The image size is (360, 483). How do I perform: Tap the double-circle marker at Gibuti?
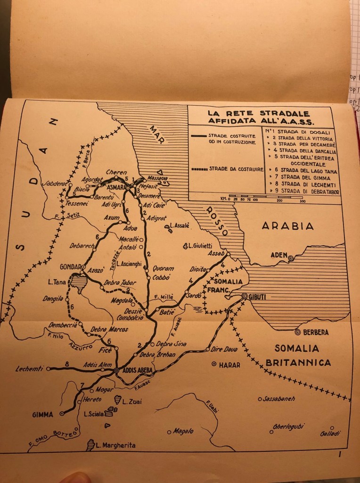pos(245,296)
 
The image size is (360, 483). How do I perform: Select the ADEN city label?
pos(278,255)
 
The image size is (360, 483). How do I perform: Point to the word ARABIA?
pos(287,226)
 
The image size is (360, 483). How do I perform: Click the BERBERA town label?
pos(315,332)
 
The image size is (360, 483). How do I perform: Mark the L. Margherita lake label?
pos(115,445)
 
